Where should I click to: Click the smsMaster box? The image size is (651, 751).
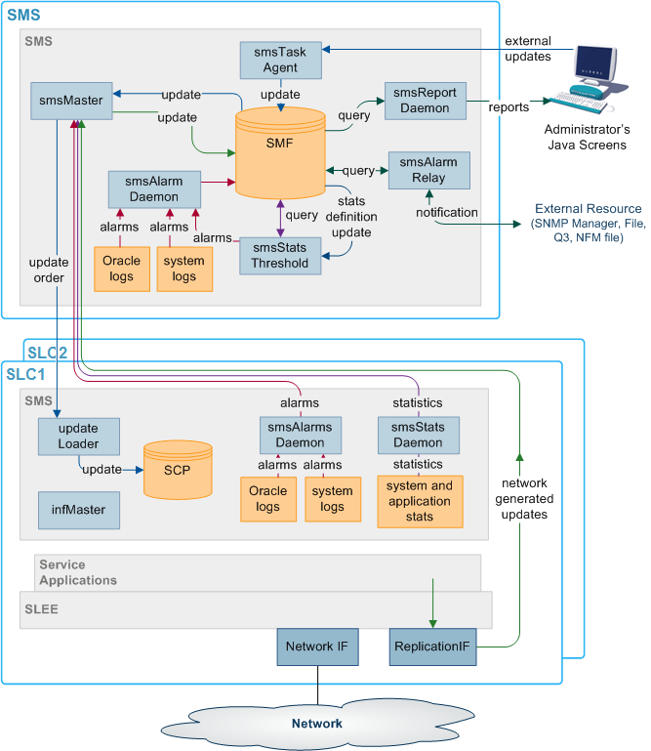point(72,101)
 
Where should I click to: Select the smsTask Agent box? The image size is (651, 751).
point(281,61)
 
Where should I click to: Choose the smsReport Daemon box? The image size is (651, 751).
point(426,101)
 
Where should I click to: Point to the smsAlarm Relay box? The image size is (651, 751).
point(429,171)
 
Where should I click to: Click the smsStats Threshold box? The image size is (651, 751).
point(281,255)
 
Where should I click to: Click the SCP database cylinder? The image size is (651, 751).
point(178,469)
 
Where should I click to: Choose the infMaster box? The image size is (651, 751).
point(78,509)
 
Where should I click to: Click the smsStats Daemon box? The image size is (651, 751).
point(418,435)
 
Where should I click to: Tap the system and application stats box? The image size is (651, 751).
point(420,501)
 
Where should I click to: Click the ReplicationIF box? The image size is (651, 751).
point(432,647)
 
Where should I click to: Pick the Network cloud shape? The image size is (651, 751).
point(316,724)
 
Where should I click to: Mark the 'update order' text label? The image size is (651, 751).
point(48,271)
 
